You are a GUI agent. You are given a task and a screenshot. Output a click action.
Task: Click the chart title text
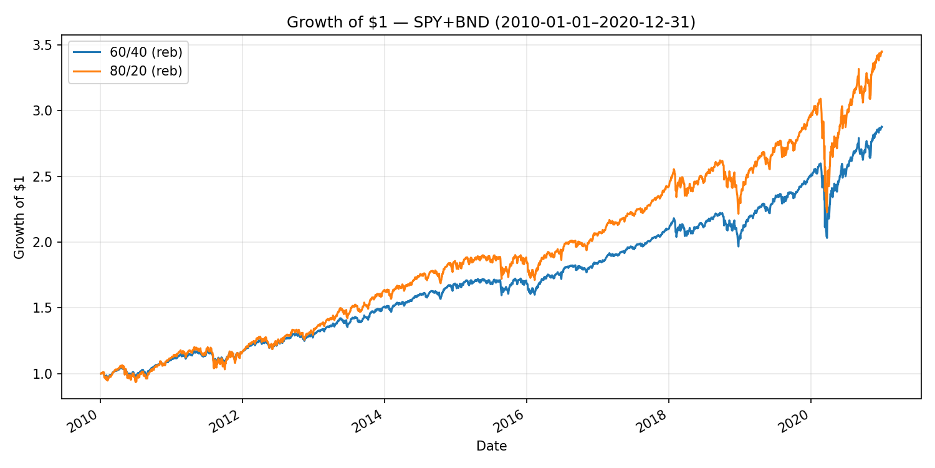click(x=491, y=22)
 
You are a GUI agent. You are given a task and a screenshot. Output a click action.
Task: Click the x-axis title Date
click(x=491, y=446)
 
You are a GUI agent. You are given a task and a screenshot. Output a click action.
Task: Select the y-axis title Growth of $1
click(x=20, y=217)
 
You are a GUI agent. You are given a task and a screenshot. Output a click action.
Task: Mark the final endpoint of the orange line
click(x=882, y=51)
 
